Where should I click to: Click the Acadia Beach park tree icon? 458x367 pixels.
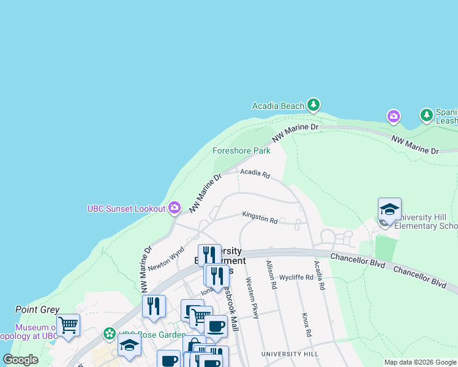[x=313, y=105]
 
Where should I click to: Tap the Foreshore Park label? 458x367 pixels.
[x=241, y=150]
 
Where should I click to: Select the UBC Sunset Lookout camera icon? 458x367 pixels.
[x=175, y=209]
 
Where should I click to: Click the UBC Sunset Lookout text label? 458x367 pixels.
[x=127, y=209]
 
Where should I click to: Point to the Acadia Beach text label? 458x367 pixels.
[x=278, y=106]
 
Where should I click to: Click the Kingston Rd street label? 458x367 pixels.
[x=260, y=217]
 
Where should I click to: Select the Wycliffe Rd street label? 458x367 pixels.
[x=296, y=277]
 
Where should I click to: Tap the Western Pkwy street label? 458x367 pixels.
[x=253, y=298]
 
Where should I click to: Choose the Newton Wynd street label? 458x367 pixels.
[x=167, y=258]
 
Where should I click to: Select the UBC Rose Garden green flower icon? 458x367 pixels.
[x=110, y=334]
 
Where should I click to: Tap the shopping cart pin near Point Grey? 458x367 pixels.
[x=68, y=325]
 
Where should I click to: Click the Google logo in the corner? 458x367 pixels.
[x=20, y=360]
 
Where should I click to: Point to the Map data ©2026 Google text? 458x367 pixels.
[x=420, y=362]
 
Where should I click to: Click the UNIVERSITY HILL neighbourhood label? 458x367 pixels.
[x=290, y=354]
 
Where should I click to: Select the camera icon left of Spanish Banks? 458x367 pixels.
[x=393, y=116]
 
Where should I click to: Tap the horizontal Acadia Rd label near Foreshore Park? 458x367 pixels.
[x=255, y=174]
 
